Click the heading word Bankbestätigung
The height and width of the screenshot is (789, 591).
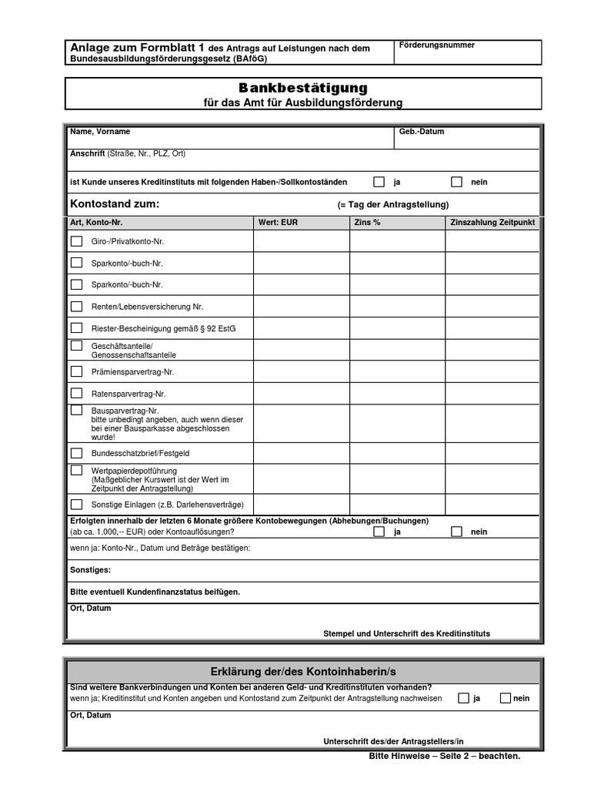302,89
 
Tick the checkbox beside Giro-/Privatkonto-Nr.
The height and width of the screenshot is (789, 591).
77,241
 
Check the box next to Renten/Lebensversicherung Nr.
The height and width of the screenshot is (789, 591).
77,306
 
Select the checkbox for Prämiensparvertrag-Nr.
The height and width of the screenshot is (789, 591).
77,371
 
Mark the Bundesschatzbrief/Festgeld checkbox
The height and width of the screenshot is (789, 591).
77,453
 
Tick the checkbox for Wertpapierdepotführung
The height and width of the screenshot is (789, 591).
77,470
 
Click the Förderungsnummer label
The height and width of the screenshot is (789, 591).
437,45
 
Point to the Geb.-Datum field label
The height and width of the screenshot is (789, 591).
422,132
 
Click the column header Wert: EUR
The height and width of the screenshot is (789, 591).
278,223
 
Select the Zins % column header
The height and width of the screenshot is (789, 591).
367,223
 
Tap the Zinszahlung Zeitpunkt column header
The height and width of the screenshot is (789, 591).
492,223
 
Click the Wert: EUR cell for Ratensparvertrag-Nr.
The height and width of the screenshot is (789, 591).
302,393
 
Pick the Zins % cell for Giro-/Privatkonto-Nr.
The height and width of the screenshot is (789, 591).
397,241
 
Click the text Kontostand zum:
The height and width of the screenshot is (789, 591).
115,204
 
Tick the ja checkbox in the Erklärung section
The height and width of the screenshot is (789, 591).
463,698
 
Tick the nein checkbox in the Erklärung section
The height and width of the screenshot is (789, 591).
506,698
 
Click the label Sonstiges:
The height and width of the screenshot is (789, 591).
90,570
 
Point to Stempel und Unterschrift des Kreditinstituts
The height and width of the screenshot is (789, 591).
406,633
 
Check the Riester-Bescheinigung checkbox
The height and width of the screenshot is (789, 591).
77,327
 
